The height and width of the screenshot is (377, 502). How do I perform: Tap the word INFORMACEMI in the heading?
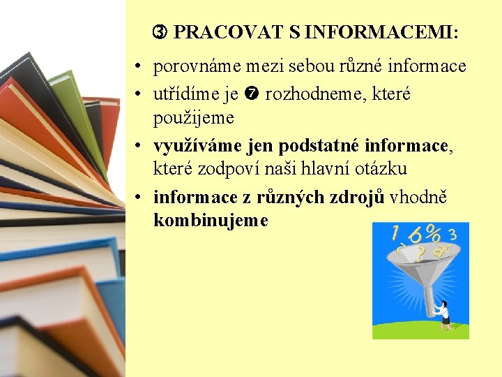(381, 32)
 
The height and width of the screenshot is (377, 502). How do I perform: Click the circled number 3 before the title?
(160, 32)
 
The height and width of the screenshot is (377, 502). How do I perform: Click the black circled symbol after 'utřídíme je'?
(252, 94)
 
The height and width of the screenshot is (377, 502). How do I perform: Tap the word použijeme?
(193, 117)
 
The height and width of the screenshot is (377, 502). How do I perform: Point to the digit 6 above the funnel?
(416, 236)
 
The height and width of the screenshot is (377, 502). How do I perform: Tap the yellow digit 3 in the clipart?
(454, 235)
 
